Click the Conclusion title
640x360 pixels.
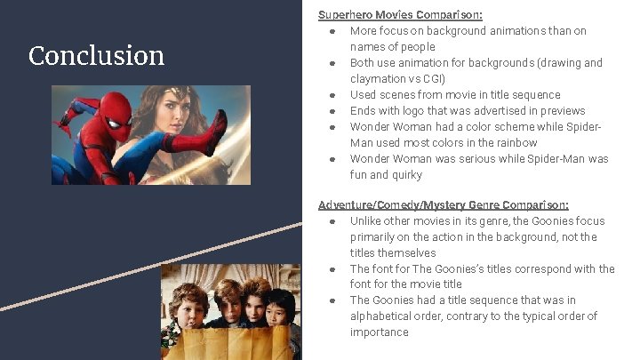[96, 56]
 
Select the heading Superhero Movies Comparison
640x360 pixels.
[401, 14]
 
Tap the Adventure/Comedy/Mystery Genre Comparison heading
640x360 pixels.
[444, 204]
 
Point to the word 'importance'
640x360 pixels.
[380, 332]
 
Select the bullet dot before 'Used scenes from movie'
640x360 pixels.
[331, 95]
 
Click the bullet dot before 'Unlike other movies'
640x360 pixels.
[331, 221]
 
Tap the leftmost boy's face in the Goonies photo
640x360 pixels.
[191, 308]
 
